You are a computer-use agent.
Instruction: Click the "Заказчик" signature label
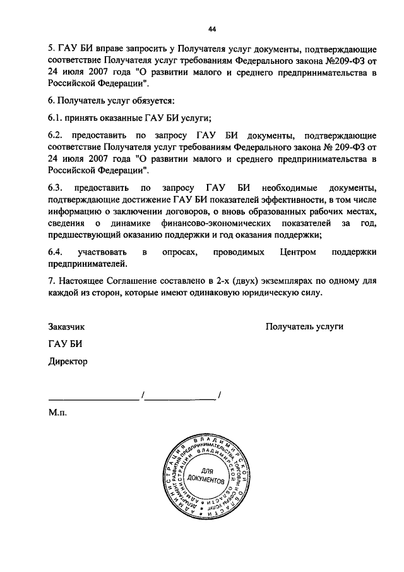point(66,327)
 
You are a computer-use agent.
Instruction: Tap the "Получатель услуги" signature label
point(304,327)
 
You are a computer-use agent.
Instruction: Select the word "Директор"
point(68,362)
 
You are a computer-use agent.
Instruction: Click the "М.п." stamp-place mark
point(57,413)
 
